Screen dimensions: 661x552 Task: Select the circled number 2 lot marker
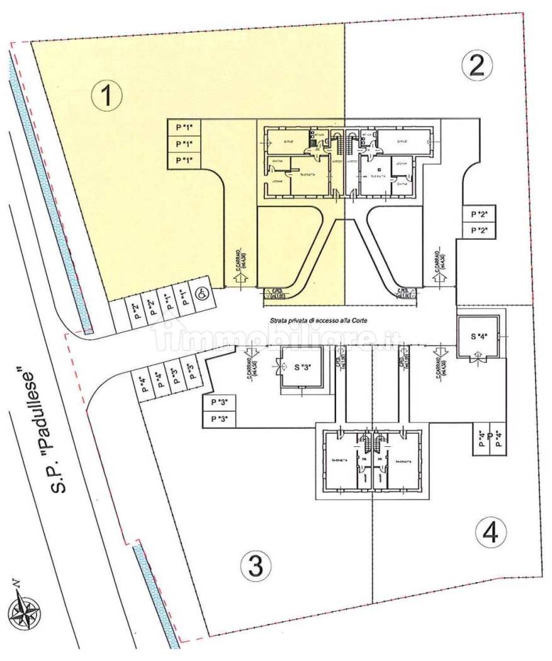click(476, 66)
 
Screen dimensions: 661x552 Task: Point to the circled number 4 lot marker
click(490, 533)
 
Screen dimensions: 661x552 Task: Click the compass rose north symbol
click(25, 609)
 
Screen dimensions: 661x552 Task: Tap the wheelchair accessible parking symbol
click(203, 292)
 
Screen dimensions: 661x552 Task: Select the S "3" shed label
click(303, 368)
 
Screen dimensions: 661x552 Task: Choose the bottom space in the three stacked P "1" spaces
click(184, 160)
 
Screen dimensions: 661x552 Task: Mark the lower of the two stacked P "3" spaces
click(219, 419)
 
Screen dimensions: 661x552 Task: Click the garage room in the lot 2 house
click(402, 141)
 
